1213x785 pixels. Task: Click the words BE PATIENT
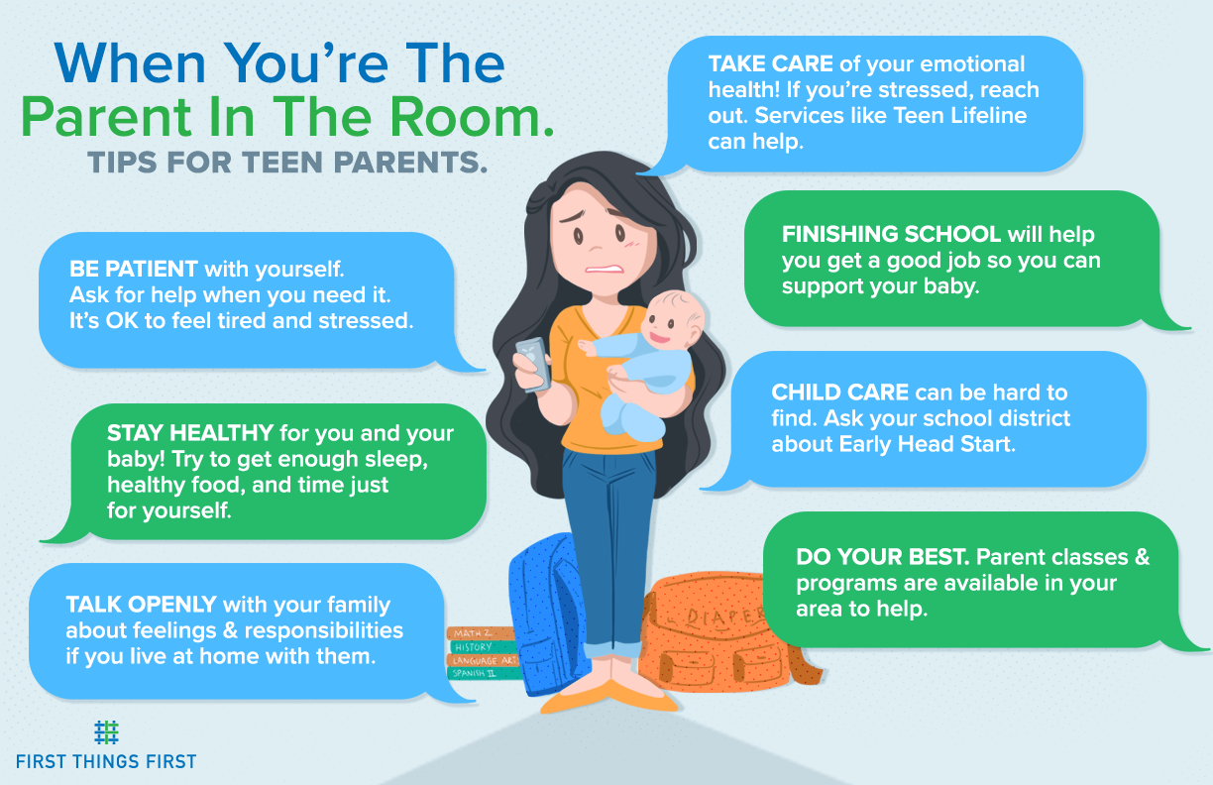[134, 269]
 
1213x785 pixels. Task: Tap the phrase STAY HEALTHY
[190, 433]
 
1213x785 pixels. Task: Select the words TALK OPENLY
[142, 604]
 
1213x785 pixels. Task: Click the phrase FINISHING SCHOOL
[891, 235]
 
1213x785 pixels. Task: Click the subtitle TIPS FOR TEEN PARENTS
[287, 163]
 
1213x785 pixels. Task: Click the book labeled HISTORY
[476, 647]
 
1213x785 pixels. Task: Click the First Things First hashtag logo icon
[106, 732]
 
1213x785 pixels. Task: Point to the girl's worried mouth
[599, 267]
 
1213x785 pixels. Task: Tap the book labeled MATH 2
[475, 633]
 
